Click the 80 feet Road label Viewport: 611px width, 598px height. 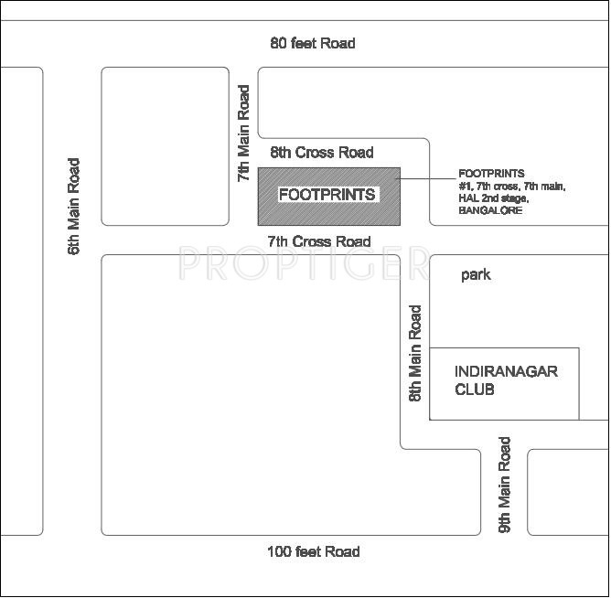coord(313,43)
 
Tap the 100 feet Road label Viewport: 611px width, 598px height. coord(313,551)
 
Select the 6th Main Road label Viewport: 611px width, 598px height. coord(74,207)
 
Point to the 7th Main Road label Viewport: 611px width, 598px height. coord(243,133)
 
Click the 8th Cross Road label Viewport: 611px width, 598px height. coord(321,153)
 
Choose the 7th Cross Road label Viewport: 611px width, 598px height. coord(319,241)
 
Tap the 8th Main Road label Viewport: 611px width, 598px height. coord(416,354)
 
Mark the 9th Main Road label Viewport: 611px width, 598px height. coord(504,485)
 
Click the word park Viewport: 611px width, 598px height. coord(476,274)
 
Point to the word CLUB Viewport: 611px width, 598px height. coord(475,389)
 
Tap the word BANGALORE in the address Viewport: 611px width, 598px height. coord(490,210)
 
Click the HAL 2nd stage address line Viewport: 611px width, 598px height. coord(494,198)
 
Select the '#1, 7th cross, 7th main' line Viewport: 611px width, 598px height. coord(512,186)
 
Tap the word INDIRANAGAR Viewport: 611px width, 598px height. coord(506,371)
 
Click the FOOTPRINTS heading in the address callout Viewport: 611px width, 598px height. coord(491,173)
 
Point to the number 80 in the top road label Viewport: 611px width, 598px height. coord(278,43)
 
